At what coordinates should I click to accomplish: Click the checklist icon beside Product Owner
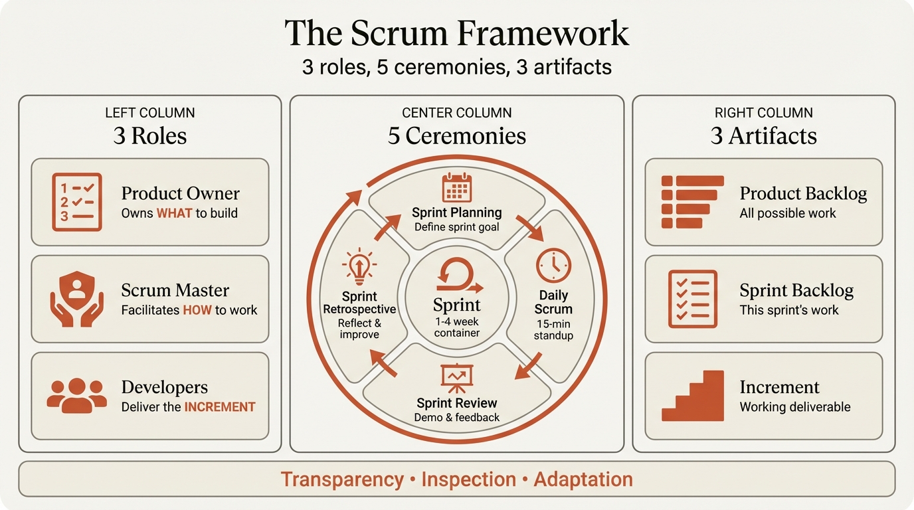76,202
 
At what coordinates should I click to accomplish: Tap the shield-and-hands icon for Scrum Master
76,299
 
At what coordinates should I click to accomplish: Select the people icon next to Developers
76,395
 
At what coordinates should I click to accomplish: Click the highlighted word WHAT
173,213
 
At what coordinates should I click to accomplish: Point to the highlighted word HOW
197,310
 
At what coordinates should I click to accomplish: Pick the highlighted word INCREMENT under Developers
219,407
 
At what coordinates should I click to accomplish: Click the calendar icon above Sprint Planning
456,187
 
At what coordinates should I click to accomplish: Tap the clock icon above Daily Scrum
553,265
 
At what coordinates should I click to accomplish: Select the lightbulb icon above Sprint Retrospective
359,266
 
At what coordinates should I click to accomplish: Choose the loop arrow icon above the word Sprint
457,276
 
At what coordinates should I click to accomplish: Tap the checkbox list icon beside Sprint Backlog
692,299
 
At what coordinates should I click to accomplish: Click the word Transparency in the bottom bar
342,479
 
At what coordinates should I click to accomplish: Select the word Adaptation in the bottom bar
583,479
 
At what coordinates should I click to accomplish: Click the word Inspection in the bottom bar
468,479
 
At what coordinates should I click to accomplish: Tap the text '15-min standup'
553,329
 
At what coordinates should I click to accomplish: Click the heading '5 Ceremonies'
457,135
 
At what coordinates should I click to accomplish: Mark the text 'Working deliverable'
795,407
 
